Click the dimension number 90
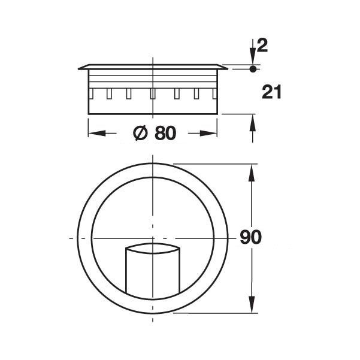point(250,237)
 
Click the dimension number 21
point(271,92)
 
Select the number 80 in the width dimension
point(165,134)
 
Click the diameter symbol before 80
point(139,134)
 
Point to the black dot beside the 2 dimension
point(253,69)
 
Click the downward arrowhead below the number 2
point(253,60)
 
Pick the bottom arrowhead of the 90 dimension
point(253,306)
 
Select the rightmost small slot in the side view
point(214,94)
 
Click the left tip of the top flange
point(79,68)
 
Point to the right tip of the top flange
point(227,68)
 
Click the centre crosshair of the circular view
point(154,238)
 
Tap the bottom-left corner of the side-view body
point(89,113)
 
